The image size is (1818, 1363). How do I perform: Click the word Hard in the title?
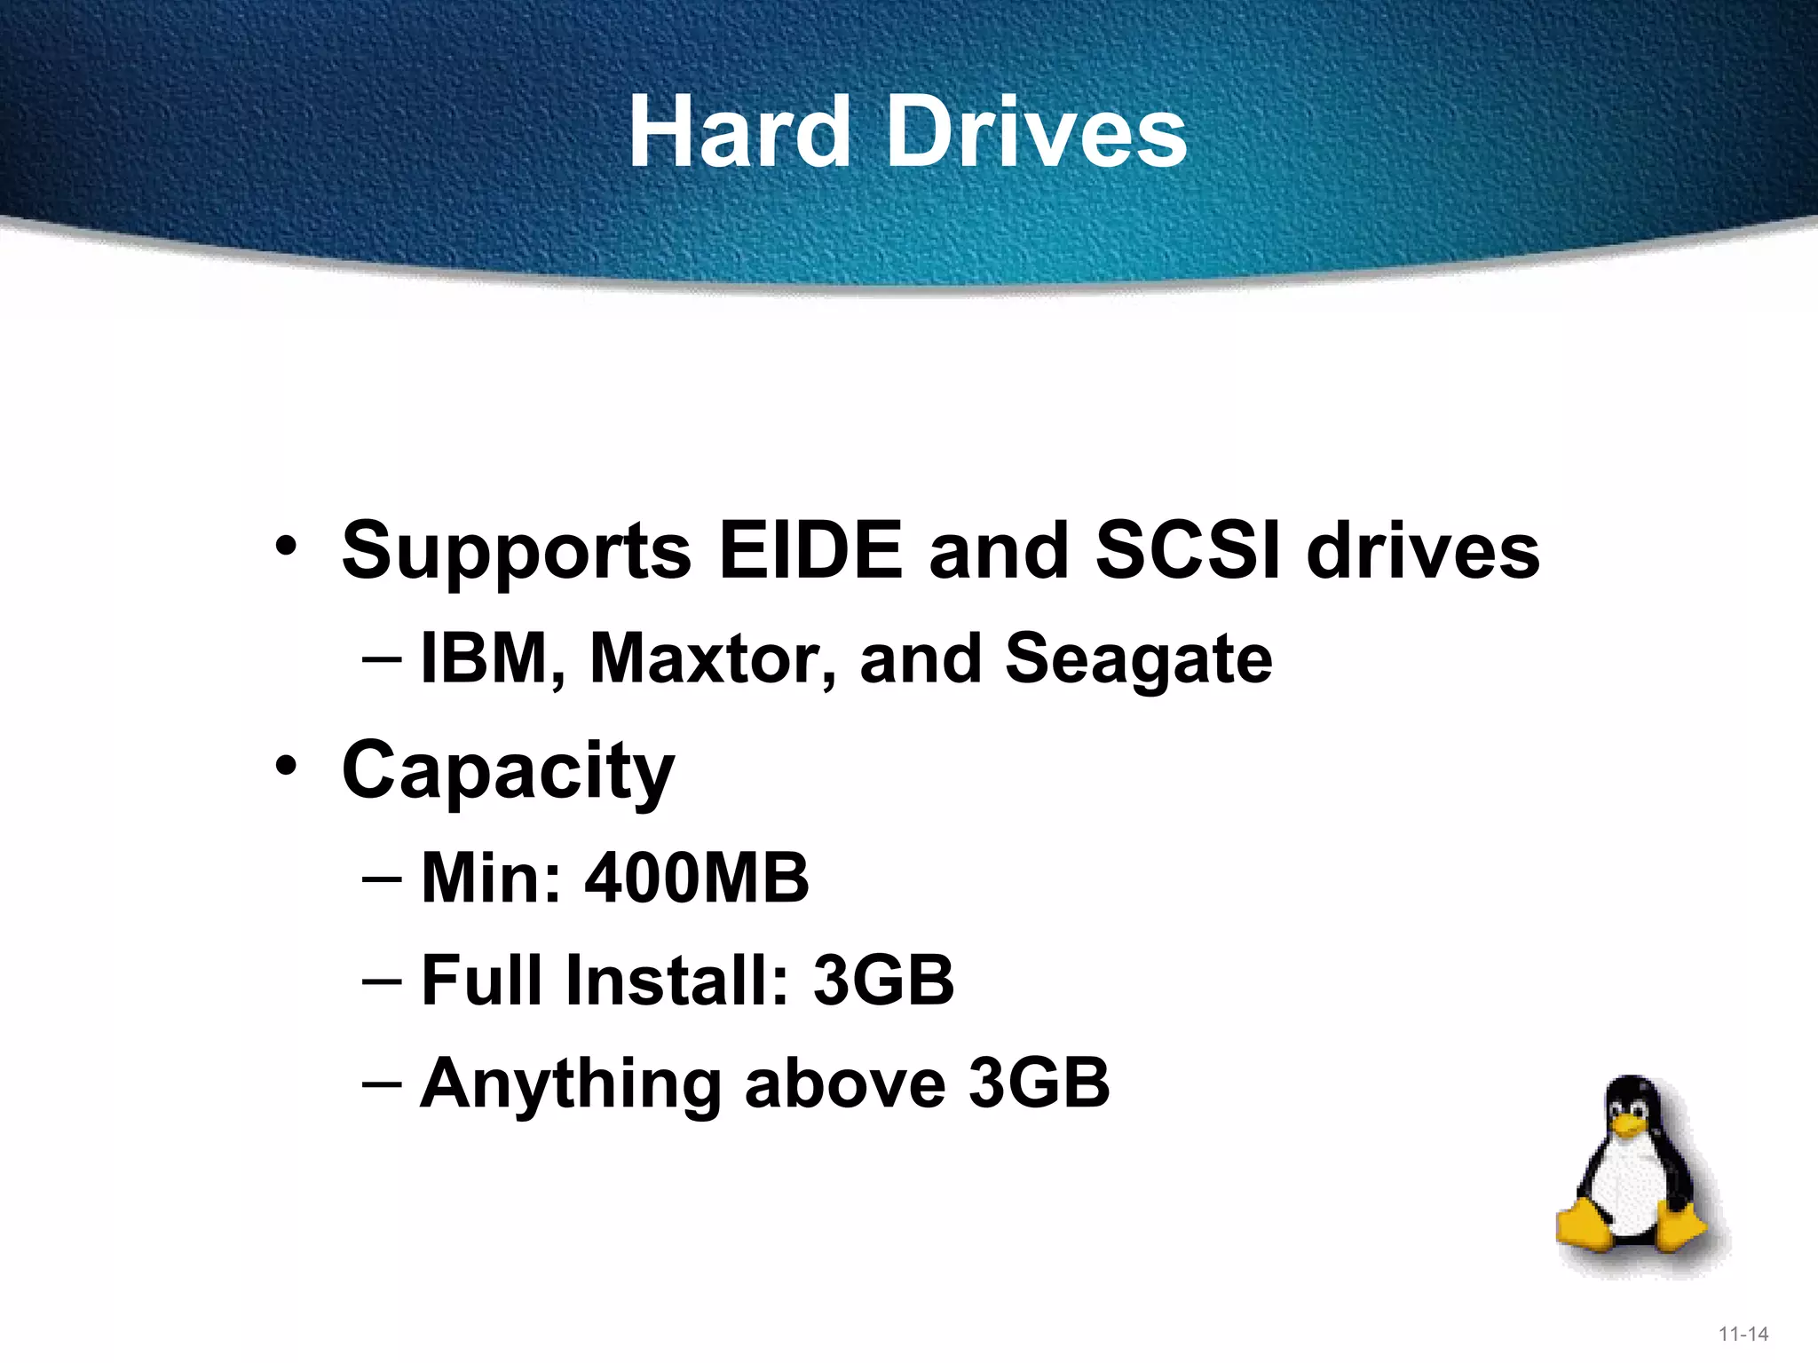[x=739, y=133]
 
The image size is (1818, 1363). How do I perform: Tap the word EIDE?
[x=810, y=550]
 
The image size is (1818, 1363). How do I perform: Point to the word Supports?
[x=516, y=552]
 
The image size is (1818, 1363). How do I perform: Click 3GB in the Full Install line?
[x=883, y=981]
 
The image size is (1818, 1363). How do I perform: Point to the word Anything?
[x=570, y=1084]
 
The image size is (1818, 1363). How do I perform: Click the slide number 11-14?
[x=1743, y=1334]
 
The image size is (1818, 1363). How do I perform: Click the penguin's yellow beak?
[x=1630, y=1126]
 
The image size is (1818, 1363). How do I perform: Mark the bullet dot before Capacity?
[x=285, y=765]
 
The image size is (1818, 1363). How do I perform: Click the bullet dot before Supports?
[x=285, y=545]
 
